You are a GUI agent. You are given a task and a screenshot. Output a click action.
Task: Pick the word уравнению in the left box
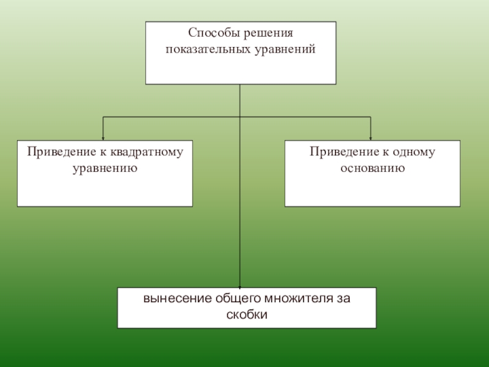click(x=105, y=166)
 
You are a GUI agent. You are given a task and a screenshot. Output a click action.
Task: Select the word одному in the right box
click(x=416, y=151)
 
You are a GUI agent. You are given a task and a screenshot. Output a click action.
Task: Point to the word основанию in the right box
click(x=373, y=166)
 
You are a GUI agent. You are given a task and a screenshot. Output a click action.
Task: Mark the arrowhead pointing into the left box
click(x=103, y=138)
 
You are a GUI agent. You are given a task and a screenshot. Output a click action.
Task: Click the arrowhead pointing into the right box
click(x=371, y=138)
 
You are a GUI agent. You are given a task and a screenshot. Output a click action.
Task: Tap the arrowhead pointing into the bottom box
click(x=240, y=285)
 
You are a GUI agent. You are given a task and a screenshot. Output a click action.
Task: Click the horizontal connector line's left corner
click(x=103, y=117)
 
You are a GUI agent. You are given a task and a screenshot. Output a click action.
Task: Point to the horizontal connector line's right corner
click(x=371, y=117)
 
